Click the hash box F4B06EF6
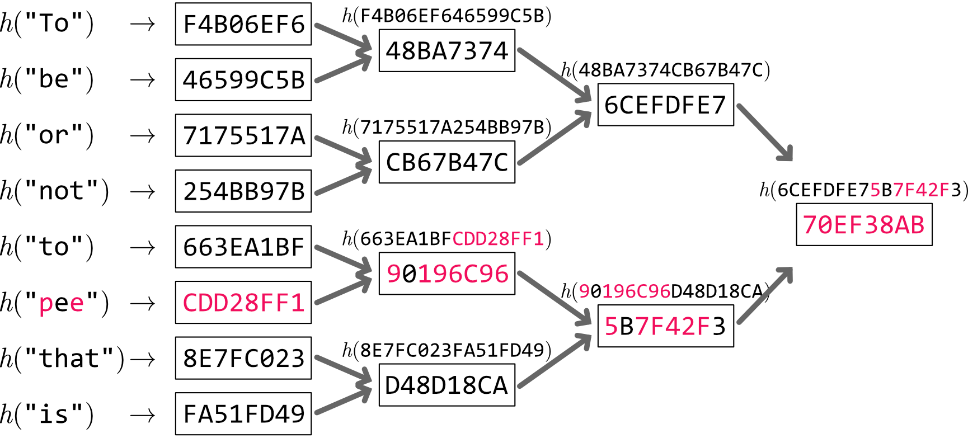coord(243,24)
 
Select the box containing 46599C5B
coord(243,79)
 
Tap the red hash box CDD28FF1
coord(243,303)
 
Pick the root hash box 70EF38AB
coord(864,225)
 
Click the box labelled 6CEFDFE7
coord(665,105)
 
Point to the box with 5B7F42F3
coord(665,326)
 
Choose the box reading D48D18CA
coord(447,385)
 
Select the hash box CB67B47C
coord(447,162)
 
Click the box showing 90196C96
coord(447,274)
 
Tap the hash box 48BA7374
coord(447,51)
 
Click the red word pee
coord(62,303)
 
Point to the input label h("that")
coord(62,359)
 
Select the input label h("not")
coord(54,191)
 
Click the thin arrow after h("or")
coord(142,136)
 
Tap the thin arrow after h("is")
coord(142,415)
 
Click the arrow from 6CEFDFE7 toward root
coord(764,133)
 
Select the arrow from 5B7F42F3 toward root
coord(764,295)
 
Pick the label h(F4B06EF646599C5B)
coord(447,16)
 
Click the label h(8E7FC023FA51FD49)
coord(447,351)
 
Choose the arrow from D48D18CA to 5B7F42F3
coord(554,361)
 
